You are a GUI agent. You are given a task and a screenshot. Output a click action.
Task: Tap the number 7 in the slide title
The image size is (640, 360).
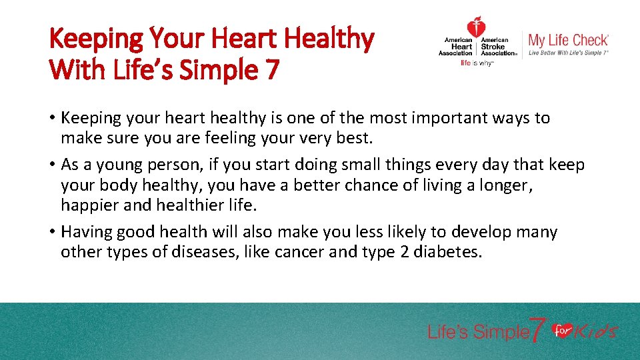tap(270, 69)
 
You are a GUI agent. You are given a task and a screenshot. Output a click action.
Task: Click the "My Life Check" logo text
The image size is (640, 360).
tap(568, 40)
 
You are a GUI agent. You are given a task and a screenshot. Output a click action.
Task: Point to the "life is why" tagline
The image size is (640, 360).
tap(477, 63)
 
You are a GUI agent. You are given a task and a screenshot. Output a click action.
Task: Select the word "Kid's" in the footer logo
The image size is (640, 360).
tap(596, 331)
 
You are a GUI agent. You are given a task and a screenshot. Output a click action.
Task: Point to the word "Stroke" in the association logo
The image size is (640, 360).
tap(493, 47)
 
